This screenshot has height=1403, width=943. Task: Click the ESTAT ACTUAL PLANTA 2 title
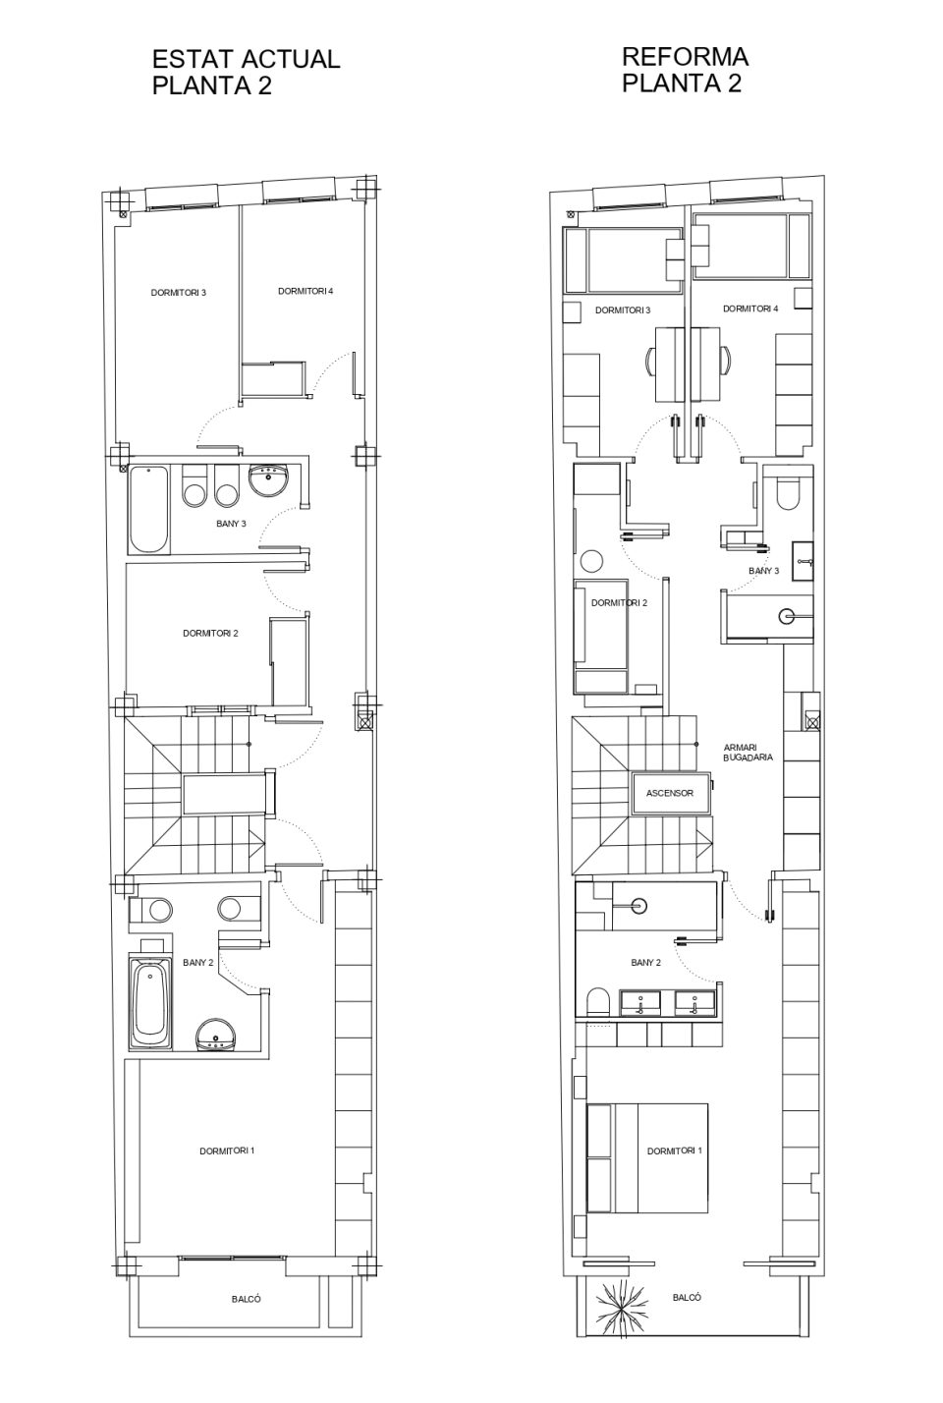247,72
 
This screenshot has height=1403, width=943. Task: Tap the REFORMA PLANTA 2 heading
685,70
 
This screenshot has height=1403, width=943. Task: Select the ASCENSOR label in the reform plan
669,793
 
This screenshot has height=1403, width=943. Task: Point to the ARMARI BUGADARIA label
748,753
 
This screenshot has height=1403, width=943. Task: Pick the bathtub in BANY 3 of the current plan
148,510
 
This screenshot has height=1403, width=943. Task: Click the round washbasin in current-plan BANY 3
270,480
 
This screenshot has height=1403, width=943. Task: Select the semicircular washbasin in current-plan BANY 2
217,1035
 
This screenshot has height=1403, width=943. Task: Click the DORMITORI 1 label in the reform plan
675,1151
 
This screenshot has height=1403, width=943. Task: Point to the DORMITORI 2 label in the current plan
210,634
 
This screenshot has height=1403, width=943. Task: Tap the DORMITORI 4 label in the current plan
305,291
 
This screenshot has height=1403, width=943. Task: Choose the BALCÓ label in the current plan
247,1300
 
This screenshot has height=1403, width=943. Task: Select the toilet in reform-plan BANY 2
598,1002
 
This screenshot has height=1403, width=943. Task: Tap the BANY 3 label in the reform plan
764,571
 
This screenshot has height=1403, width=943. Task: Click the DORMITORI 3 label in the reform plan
623,310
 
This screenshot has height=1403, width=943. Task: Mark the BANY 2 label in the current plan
199,963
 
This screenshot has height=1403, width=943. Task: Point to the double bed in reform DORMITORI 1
648,1157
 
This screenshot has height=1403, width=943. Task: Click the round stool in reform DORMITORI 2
591,561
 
